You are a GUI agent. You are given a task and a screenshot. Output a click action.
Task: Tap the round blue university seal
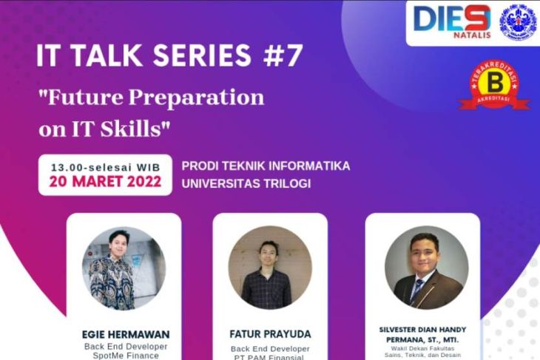tap(518, 21)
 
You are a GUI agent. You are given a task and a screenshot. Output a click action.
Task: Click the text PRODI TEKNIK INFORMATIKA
tap(266, 165)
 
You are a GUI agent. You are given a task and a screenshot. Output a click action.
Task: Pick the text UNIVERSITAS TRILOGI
tap(246, 183)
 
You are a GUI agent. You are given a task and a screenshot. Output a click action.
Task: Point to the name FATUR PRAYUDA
tap(270, 334)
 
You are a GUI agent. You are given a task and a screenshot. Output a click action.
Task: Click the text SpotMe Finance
tap(124, 356)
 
